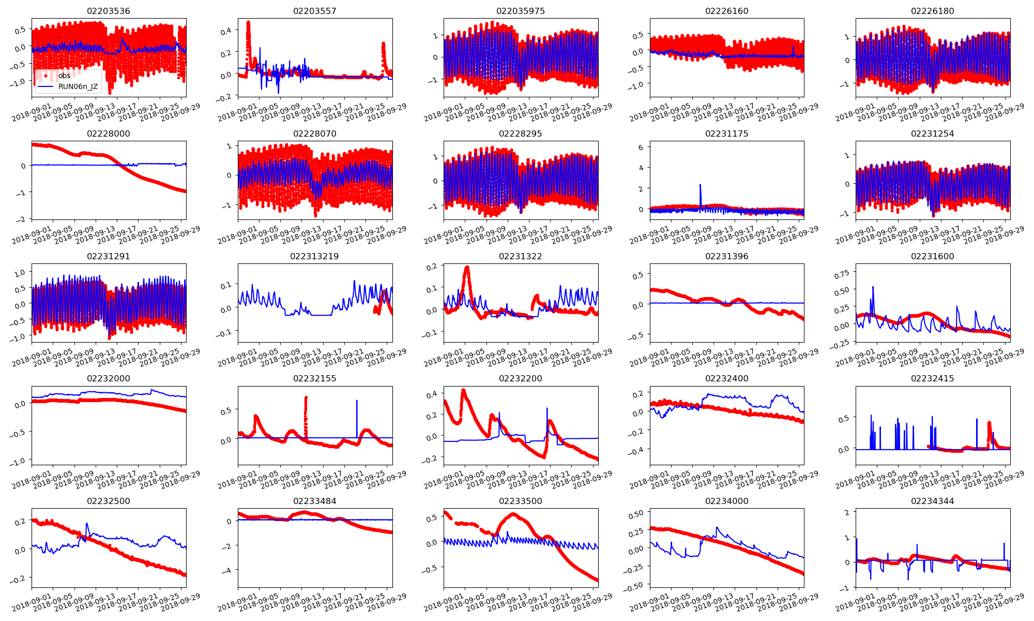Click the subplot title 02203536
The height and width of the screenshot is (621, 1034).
109,11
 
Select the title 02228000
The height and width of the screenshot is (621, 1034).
109,134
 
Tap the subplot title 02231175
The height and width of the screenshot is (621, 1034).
726,134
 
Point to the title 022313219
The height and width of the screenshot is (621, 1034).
314,256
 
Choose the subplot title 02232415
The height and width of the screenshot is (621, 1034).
932,378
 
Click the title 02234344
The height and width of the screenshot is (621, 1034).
932,501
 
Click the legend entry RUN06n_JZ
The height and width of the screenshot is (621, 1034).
78,86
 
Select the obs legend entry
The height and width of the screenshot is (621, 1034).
64,76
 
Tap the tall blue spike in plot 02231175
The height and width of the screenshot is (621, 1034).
701,185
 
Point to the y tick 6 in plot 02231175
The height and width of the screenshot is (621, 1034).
641,147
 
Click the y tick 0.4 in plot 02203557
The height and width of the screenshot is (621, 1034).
225,32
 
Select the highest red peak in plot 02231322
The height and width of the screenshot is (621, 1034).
467,268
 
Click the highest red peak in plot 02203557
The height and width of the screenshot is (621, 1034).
248,23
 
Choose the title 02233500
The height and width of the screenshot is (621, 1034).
520,501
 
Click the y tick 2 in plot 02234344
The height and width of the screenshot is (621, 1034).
846,512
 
